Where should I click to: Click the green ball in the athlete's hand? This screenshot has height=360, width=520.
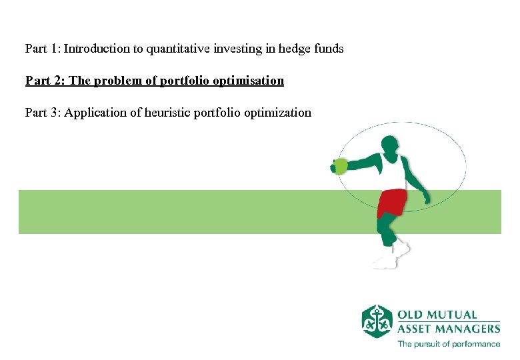pyautogui.click(x=341, y=166)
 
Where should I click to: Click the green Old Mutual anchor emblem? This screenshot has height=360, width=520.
pyautogui.click(x=377, y=321)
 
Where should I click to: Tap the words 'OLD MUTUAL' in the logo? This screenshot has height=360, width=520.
pyautogui.click(x=437, y=315)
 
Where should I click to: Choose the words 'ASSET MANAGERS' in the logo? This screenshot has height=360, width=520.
pyautogui.click(x=448, y=328)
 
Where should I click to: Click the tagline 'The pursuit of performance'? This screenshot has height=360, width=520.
pyautogui.click(x=448, y=344)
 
